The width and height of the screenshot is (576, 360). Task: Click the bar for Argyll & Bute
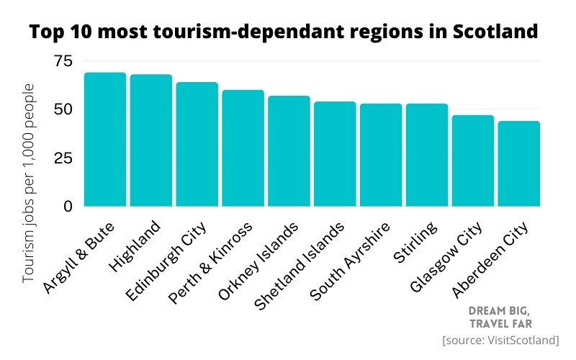click(105, 140)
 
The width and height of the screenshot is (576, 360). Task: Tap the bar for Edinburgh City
click(197, 144)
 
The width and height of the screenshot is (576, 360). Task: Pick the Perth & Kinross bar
click(243, 148)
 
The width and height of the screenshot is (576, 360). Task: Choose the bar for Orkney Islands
click(289, 151)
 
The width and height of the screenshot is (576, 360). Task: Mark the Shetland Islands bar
click(335, 154)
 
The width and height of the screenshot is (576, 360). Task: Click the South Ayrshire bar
click(381, 155)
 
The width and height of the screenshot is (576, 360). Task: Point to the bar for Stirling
click(427, 155)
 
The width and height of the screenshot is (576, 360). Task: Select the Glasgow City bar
click(473, 161)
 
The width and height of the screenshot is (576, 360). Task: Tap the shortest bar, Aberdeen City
click(518, 163)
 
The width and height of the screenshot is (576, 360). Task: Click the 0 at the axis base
click(68, 207)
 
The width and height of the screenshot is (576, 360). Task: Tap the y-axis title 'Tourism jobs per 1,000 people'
click(30, 183)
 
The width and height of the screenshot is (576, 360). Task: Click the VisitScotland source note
click(501, 339)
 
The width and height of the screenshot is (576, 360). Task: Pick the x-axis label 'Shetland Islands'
click(301, 266)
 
